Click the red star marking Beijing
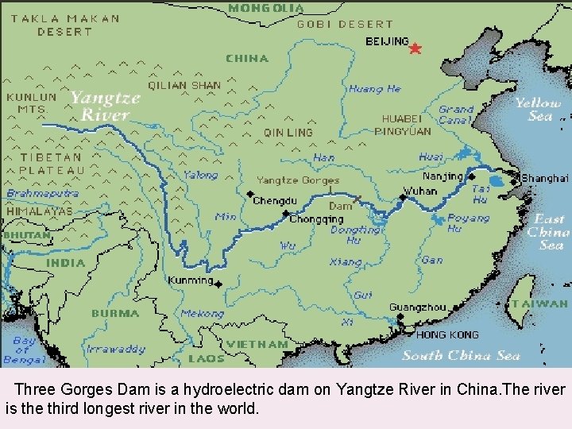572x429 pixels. [415, 48]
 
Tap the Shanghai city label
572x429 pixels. [545, 179]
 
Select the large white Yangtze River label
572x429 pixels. [105, 106]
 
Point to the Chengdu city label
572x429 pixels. [274, 201]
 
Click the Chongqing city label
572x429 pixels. [316, 219]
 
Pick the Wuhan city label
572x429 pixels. [419, 191]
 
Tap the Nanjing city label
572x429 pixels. [442, 176]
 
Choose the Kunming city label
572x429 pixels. [190, 280]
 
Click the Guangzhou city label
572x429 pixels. [417, 307]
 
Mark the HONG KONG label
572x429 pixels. [447, 334]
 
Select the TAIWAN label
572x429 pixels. [539, 303]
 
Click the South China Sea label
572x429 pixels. [461, 355]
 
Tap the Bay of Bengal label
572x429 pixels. [24, 349]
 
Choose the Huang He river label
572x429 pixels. [375, 89]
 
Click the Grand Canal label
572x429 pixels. [456, 115]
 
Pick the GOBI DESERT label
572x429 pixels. [345, 25]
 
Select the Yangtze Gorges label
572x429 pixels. [297, 180]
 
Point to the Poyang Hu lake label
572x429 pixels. [468, 222]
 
